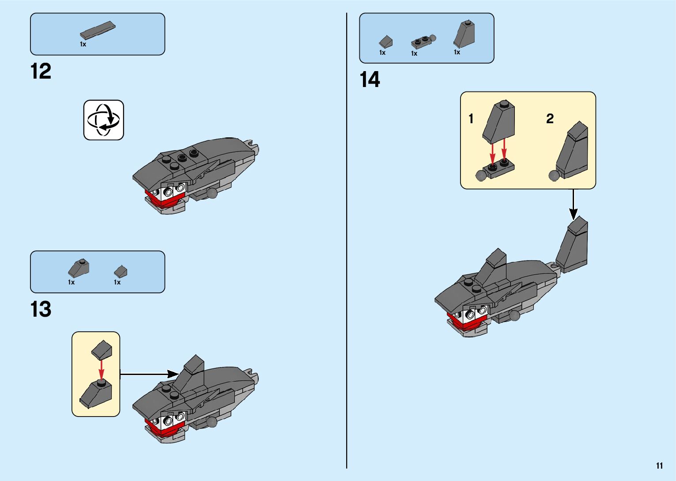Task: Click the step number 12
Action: (x=41, y=71)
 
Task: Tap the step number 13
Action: (x=41, y=309)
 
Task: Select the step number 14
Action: (x=370, y=80)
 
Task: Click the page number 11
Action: (x=659, y=466)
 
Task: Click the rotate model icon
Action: (x=103, y=120)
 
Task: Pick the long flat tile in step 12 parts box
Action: (x=98, y=30)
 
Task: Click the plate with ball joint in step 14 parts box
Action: (x=423, y=42)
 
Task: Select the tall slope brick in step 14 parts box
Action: (x=465, y=34)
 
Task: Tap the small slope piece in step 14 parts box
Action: (x=386, y=42)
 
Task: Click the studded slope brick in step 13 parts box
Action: (x=79, y=268)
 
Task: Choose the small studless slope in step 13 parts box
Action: (x=121, y=271)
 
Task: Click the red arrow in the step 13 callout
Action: (x=102, y=369)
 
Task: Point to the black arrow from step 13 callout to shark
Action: (x=149, y=375)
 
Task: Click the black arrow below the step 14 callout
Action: (x=573, y=205)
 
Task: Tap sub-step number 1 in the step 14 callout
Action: (x=471, y=119)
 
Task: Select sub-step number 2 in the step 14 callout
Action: (x=550, y=118)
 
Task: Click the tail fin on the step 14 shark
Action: (x=572, y=244)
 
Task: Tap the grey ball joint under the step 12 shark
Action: (x=212, y=193)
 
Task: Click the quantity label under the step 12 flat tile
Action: (x=83, y=44)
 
